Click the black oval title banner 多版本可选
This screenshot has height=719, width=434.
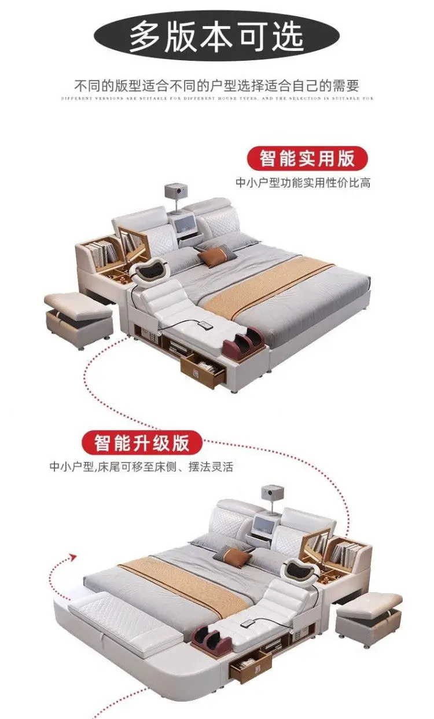click(216, 36)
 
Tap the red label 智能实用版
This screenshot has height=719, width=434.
click(308, 159)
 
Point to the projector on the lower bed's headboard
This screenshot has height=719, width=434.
click(270, 494)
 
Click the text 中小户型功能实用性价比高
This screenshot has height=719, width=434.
click(303, 183)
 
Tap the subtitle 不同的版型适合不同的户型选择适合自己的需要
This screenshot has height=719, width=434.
click(217, 86)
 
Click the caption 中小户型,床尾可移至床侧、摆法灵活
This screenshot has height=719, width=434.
click(141, 467)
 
